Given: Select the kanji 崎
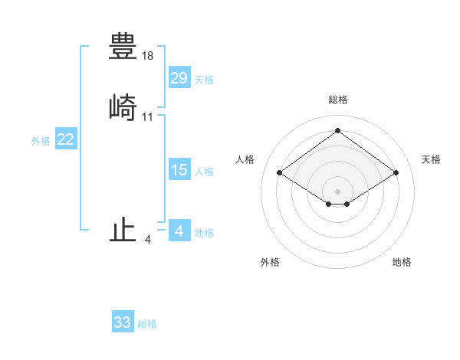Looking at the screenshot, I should click(123, 107).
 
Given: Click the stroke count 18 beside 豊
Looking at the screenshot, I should click(148, 56).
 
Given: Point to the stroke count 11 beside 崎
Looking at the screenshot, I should click(148, 117).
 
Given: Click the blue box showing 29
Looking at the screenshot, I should click(179, 78).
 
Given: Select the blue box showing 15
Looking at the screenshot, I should click(179, 170).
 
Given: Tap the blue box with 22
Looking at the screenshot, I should click(66, 139).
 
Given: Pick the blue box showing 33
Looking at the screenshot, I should click(123, 322).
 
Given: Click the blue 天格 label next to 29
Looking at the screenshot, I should click(204, 80).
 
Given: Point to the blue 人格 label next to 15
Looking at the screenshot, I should click(204, 172).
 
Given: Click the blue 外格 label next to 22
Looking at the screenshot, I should click(41, 141).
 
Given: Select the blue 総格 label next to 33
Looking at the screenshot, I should click(147, 324).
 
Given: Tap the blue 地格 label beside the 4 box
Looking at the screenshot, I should click(204, 233).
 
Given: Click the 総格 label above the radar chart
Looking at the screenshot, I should click(337, 100).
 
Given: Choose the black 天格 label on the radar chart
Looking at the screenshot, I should click(431, 159).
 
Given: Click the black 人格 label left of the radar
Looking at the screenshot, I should click(245, 159).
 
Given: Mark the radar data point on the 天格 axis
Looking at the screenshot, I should click(396, 173).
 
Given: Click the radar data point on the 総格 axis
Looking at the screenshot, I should click(337, 131).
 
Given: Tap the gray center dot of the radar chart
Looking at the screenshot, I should click(337, 191).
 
